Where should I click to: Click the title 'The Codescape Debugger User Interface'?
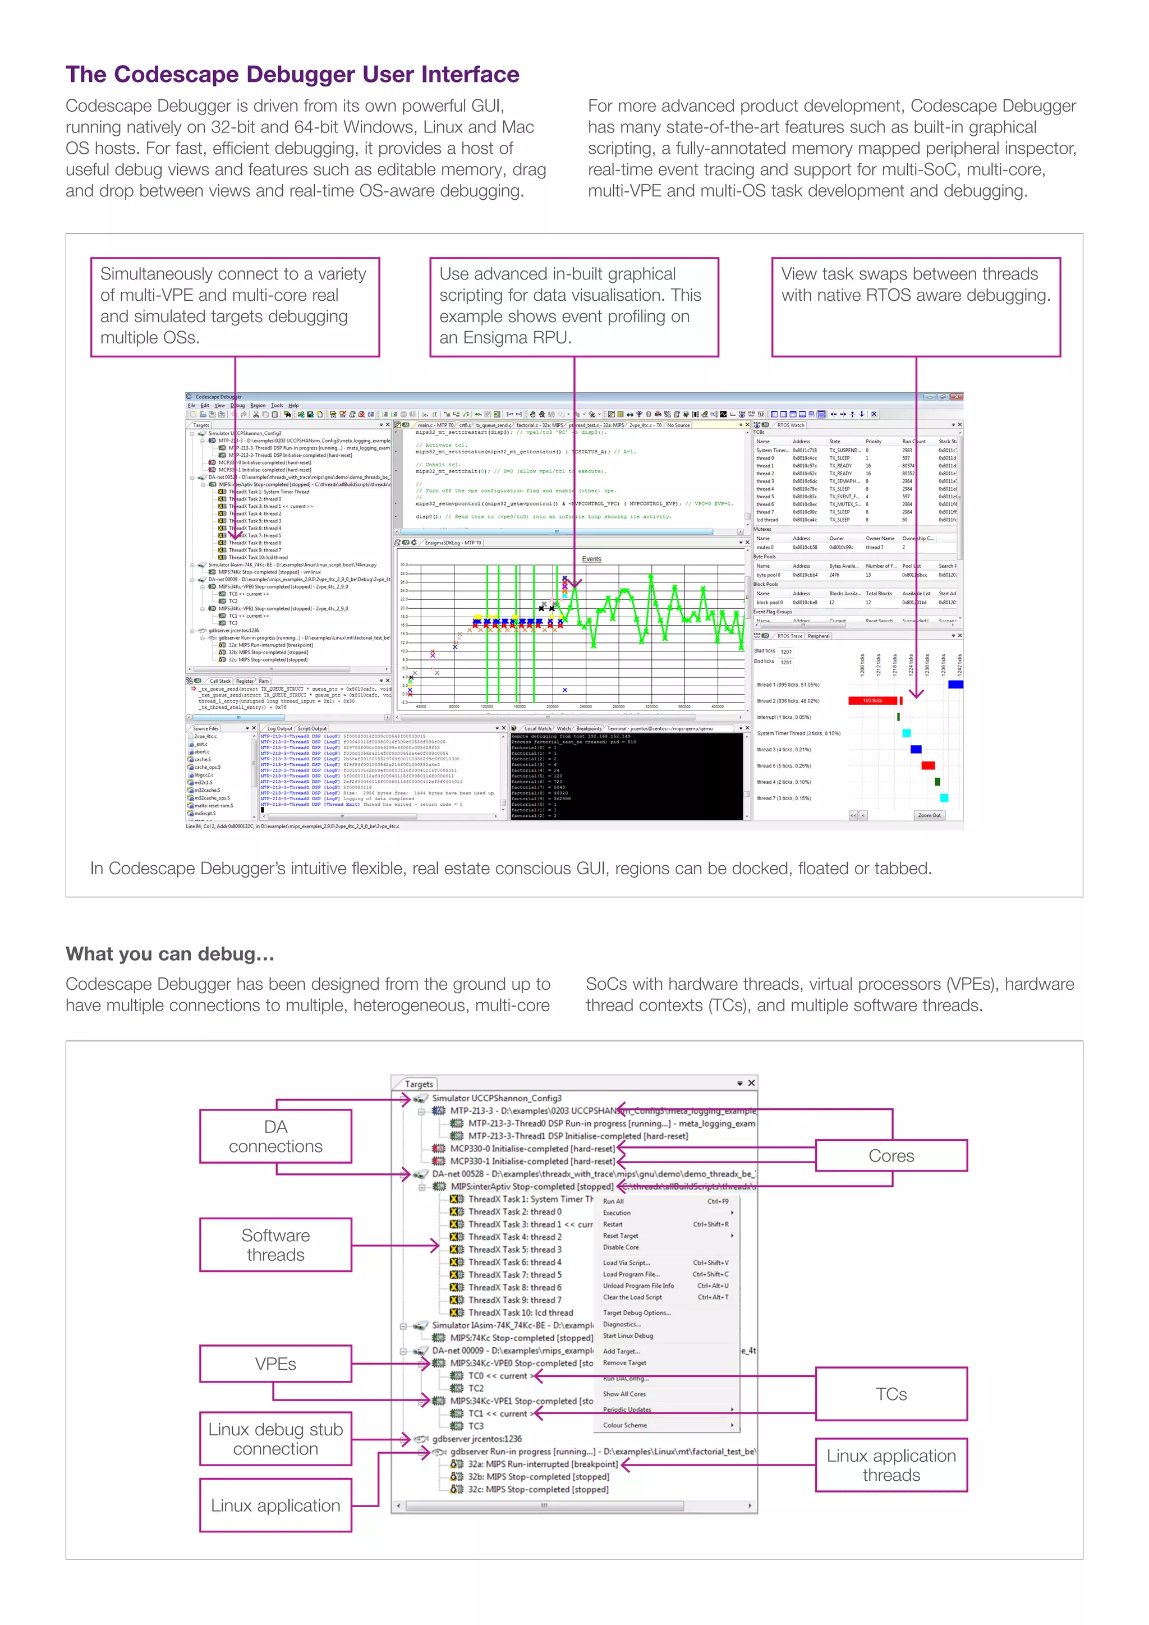292,74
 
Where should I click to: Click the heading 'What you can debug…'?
170,954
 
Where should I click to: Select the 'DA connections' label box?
275,1136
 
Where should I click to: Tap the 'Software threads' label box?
275,1245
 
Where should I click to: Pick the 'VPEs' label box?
275,1364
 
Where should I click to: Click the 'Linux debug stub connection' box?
275,1439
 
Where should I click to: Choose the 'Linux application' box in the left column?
275,1505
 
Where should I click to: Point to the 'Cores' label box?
891,1156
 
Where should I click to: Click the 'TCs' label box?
891,1394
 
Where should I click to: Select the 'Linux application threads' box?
891,1465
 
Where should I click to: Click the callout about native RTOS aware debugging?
916,306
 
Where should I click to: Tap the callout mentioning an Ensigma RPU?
574,306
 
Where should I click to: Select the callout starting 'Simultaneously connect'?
235,306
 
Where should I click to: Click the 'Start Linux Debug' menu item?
628,1336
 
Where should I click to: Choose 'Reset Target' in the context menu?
621,1236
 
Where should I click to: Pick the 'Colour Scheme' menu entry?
625,1425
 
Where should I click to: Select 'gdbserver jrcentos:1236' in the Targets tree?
477,1439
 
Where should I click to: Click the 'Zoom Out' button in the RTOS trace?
929,815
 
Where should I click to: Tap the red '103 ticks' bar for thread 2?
872,701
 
